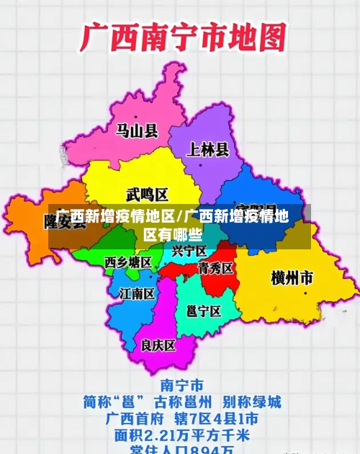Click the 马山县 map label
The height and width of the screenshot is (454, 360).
(137, 130)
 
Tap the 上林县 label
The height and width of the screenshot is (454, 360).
(207, 150)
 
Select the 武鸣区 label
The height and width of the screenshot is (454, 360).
(147, 195)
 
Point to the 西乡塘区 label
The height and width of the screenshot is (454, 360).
(128, 261)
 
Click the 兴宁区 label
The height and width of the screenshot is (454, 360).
(189, 251)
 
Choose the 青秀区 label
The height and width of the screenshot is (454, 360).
(215, 268)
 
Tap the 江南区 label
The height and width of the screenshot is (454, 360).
(137, 293)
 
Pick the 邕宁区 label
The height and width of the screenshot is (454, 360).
(203, 311)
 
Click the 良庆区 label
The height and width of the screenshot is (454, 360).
(158, 345)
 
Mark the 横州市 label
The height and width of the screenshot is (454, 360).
(292, 277)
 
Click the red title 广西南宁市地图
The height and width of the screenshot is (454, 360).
(183, 38)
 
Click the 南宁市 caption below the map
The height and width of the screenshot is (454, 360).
(181, 384)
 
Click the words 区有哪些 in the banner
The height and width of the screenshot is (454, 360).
(173, 234)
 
